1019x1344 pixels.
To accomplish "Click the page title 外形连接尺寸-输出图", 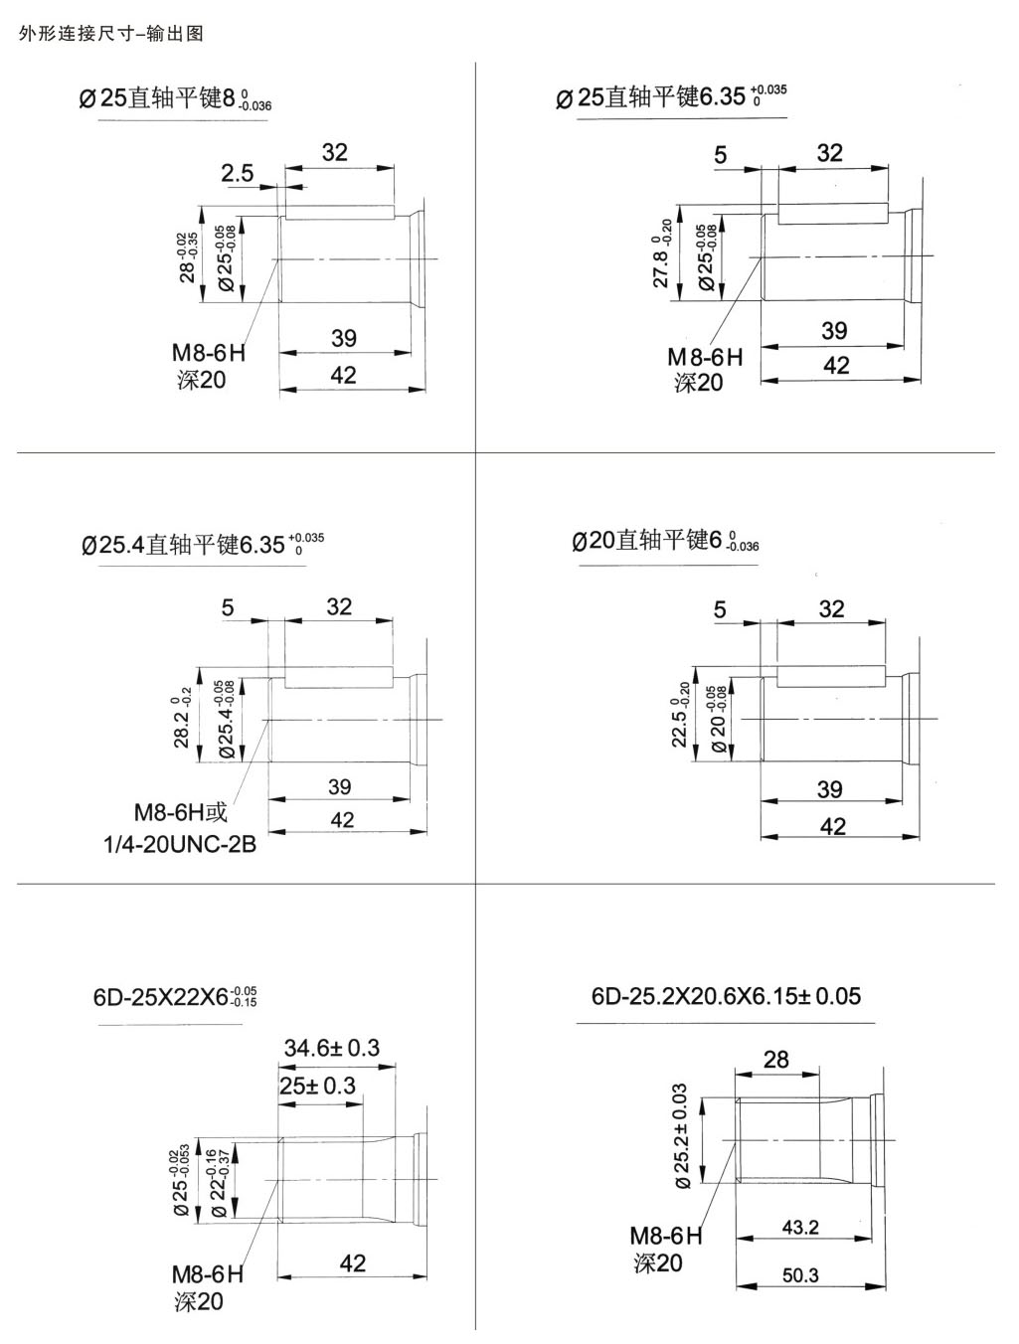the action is pyautogui.click(x=110, y=33).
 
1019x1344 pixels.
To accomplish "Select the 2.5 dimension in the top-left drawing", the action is pyautogui.click(x=237, y=173).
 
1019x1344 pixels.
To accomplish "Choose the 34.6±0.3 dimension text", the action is pyautogui.click(x=331, y=1048).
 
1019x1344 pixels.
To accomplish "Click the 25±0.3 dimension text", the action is pyautogui.click(x=317, y=1086).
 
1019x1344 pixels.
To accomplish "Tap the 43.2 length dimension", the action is pyautogui.click(x=800, y=1227).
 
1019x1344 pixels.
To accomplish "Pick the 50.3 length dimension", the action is pyautogui.click(x=800, y=1274).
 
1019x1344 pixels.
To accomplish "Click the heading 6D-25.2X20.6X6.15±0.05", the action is pyautogui.click(x=726, y=996).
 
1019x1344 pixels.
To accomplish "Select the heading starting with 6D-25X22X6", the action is pyautogui.click(x=175, y=997).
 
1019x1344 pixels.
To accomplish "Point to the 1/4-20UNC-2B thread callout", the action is pyautogui.click(x=179, y=845).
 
